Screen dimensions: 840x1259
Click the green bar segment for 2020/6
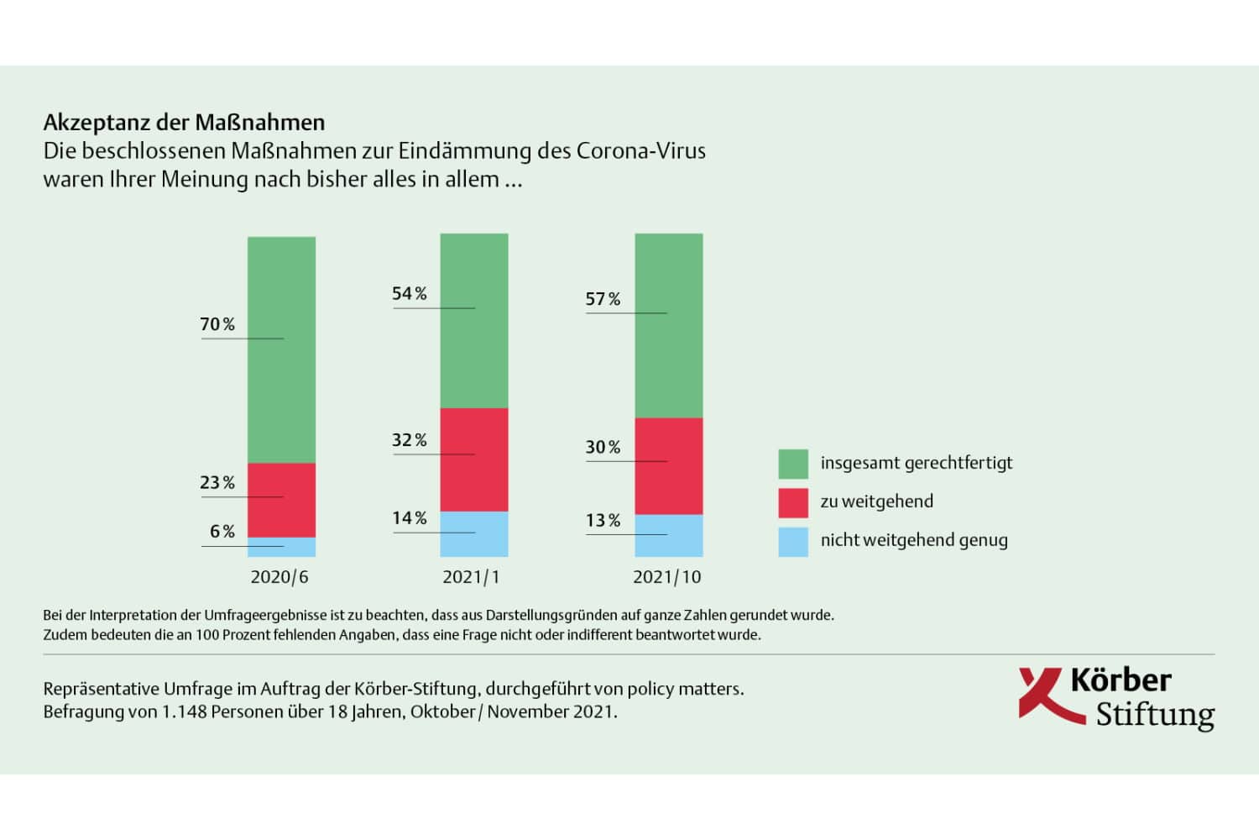[281, 349]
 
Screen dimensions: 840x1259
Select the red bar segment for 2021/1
[474, 459]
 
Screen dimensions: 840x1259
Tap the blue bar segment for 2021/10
[668, 535]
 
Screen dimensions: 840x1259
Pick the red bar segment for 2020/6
[281, 500]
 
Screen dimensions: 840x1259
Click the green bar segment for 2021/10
[668, 325]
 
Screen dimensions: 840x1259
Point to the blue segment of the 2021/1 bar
[474, 533]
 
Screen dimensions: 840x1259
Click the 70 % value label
[217, 324]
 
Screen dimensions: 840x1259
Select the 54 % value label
[410, 293]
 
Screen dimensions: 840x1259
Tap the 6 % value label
[222, 531]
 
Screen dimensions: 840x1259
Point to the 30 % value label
[603, 447]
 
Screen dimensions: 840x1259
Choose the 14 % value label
[410, 517]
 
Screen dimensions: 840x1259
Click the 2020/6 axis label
[279, 577]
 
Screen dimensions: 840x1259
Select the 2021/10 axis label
[666, 577]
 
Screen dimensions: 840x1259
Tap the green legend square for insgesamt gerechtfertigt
[793, 464]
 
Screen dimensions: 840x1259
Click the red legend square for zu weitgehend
[793, 502]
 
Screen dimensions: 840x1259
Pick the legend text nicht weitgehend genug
[914, 540]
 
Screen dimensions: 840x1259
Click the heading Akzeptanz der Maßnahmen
[184, 123]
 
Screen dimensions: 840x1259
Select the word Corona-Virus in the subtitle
[640, 151]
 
